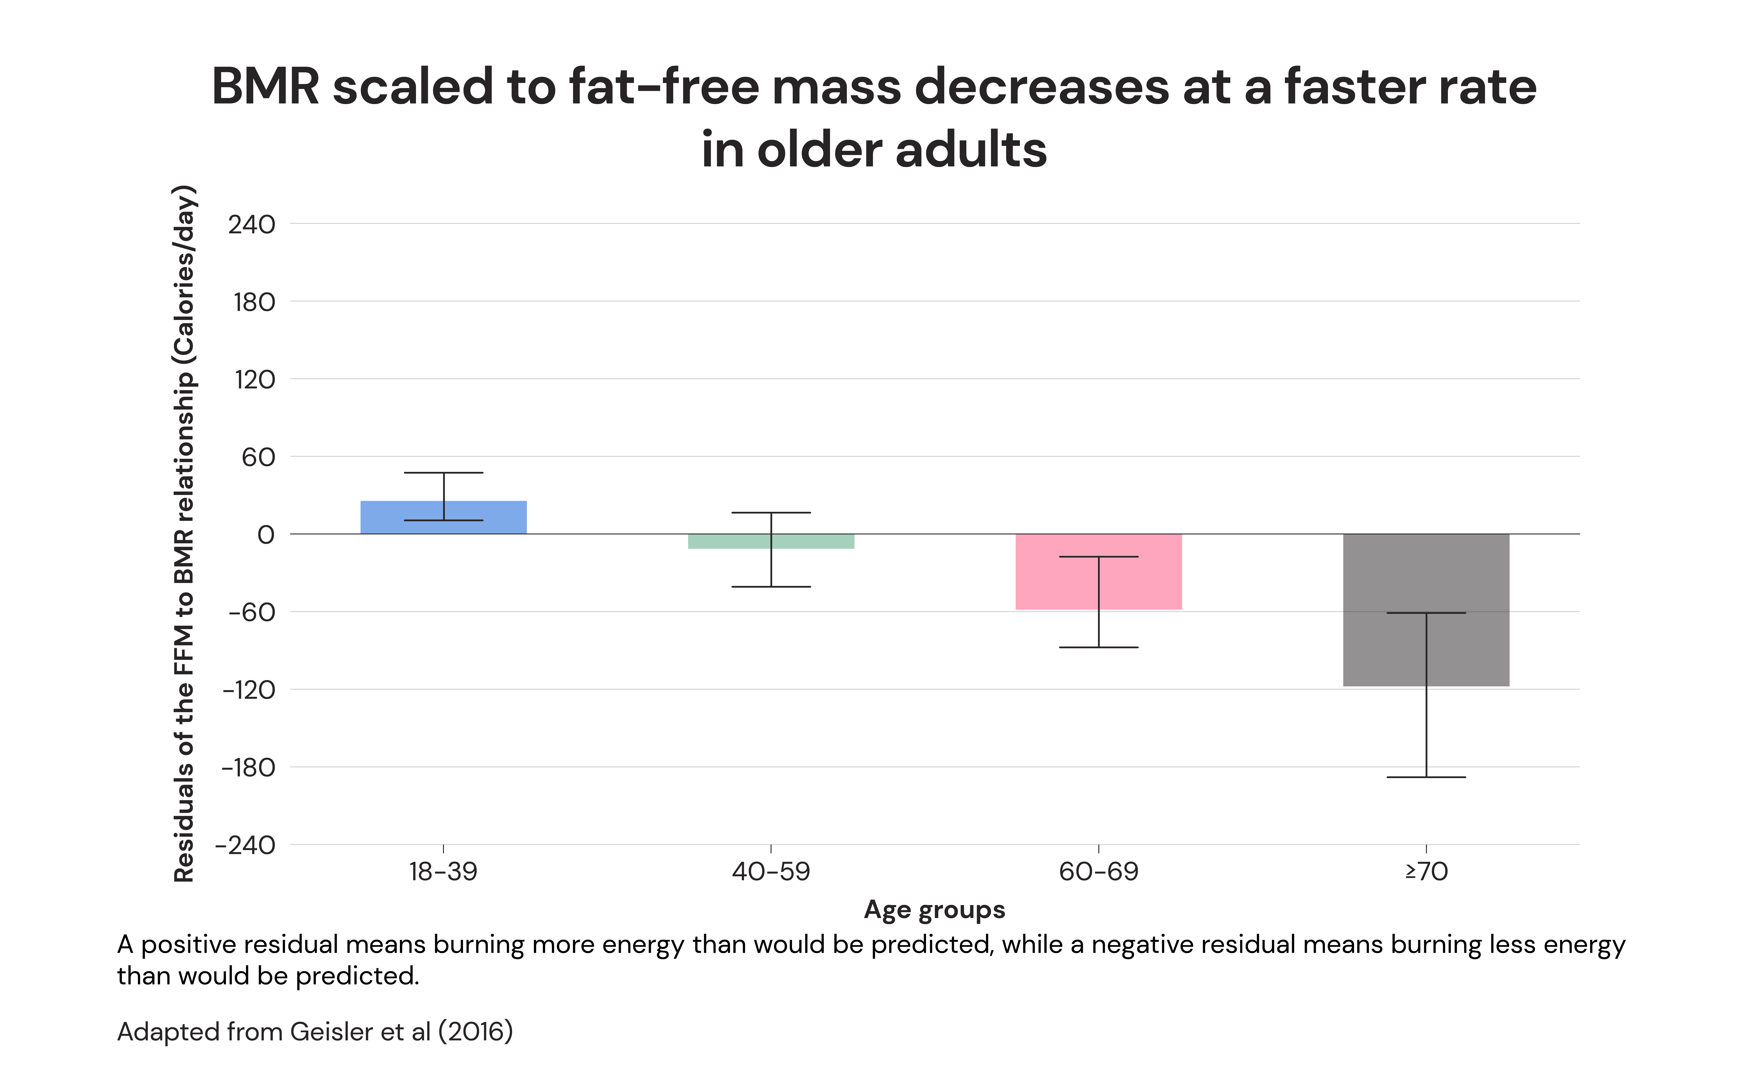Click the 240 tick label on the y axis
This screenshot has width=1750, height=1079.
coord(251,225)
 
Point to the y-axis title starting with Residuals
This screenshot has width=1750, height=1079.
coord(184,534)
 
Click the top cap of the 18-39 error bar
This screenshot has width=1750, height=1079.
coord(443,472)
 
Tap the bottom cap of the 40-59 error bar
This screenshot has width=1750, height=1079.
coord(771,587)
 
